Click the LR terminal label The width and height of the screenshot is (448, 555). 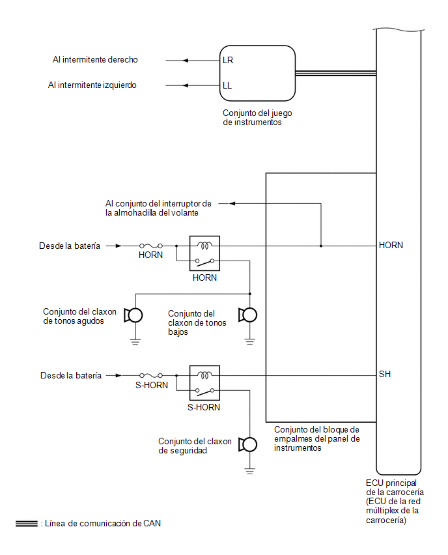pos(228,60)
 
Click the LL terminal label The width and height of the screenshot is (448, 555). pos(227,85)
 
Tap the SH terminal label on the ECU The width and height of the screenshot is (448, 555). pos(385,374)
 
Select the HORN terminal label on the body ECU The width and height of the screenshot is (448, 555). pos(391,245)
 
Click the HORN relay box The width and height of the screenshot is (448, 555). pos(204,253)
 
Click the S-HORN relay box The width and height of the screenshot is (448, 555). pos(204,383)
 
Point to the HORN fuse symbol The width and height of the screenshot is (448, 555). pos(151,246)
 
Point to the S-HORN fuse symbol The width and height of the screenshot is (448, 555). pos(151,375)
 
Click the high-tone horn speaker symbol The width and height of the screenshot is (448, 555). pos(133,315)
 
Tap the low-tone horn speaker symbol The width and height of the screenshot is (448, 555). pos(247,315)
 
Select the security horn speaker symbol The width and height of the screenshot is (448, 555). pos(247,444)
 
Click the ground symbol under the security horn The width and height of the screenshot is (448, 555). pos(250,471)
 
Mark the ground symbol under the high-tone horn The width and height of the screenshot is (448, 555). pos(135,341)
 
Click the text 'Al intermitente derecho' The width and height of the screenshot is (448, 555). pos(95,59)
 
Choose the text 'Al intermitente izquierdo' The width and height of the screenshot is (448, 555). pos(92,85)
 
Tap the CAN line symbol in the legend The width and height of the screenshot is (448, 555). pos(27,524)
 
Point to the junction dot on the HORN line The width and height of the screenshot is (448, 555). pos(321,246)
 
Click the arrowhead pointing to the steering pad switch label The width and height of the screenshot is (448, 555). pos(232,203)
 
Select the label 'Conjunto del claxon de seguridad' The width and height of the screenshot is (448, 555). pos(195,446)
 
